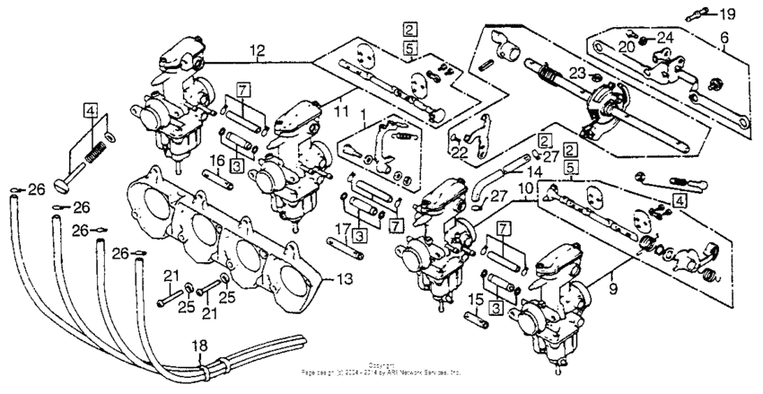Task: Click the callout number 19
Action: click(726, 13)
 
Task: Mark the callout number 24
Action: click(664, 39)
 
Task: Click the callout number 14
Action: click(535, 171)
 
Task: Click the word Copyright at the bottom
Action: click(381, 365)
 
